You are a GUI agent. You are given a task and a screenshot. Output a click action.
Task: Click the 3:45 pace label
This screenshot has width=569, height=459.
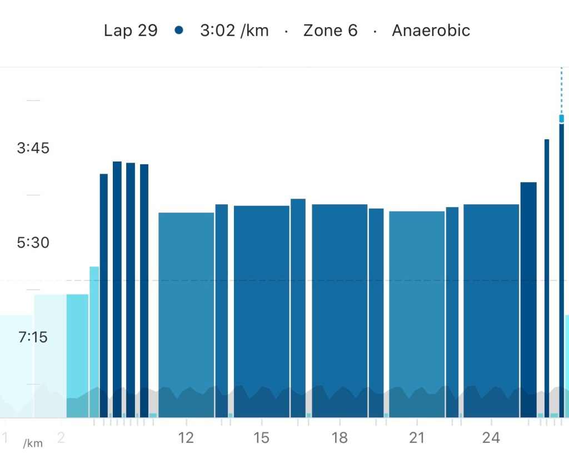[33, 148]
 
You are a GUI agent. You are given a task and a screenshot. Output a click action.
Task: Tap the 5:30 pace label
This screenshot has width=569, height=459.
[33, 243]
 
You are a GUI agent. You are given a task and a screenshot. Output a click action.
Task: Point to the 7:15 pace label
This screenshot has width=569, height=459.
[33, 337]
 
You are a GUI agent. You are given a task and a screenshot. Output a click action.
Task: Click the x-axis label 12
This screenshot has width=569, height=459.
[186, 438]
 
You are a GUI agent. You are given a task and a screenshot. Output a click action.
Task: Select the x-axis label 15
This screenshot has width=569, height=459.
[261, 438]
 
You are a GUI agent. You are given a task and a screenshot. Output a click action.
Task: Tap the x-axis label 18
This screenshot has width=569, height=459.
[340, 438]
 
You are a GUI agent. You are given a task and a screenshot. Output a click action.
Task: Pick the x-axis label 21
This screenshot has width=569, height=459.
[417, 438]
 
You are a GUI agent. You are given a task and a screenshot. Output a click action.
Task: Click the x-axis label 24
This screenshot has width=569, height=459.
[491, 438]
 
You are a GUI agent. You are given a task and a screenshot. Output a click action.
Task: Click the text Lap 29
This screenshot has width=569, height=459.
[131, 31]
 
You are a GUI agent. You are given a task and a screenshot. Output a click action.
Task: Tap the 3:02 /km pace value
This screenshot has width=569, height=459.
[234, 31]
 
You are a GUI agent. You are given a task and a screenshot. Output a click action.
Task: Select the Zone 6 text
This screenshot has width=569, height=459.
[330, 31]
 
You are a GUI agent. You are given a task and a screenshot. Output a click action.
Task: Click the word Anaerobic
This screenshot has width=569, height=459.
[431, 31]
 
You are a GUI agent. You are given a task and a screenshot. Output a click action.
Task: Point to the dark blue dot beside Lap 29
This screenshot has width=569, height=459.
[178, 31]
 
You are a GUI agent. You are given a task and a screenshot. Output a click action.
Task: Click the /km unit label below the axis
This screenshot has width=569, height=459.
[33, 443]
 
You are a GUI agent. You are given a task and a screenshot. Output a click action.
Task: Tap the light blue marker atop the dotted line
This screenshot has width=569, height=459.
[561, 118]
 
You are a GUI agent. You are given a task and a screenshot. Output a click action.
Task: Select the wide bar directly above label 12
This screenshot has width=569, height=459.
[186, 311]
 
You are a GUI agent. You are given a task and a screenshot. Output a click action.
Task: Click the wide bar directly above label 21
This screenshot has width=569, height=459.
[417, 311]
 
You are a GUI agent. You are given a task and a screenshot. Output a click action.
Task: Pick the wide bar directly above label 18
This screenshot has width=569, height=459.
[340, 311]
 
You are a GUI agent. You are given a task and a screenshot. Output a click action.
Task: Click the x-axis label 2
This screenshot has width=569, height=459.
[61, 438]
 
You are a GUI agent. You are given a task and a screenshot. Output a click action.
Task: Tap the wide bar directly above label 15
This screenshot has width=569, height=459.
[261, 311]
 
